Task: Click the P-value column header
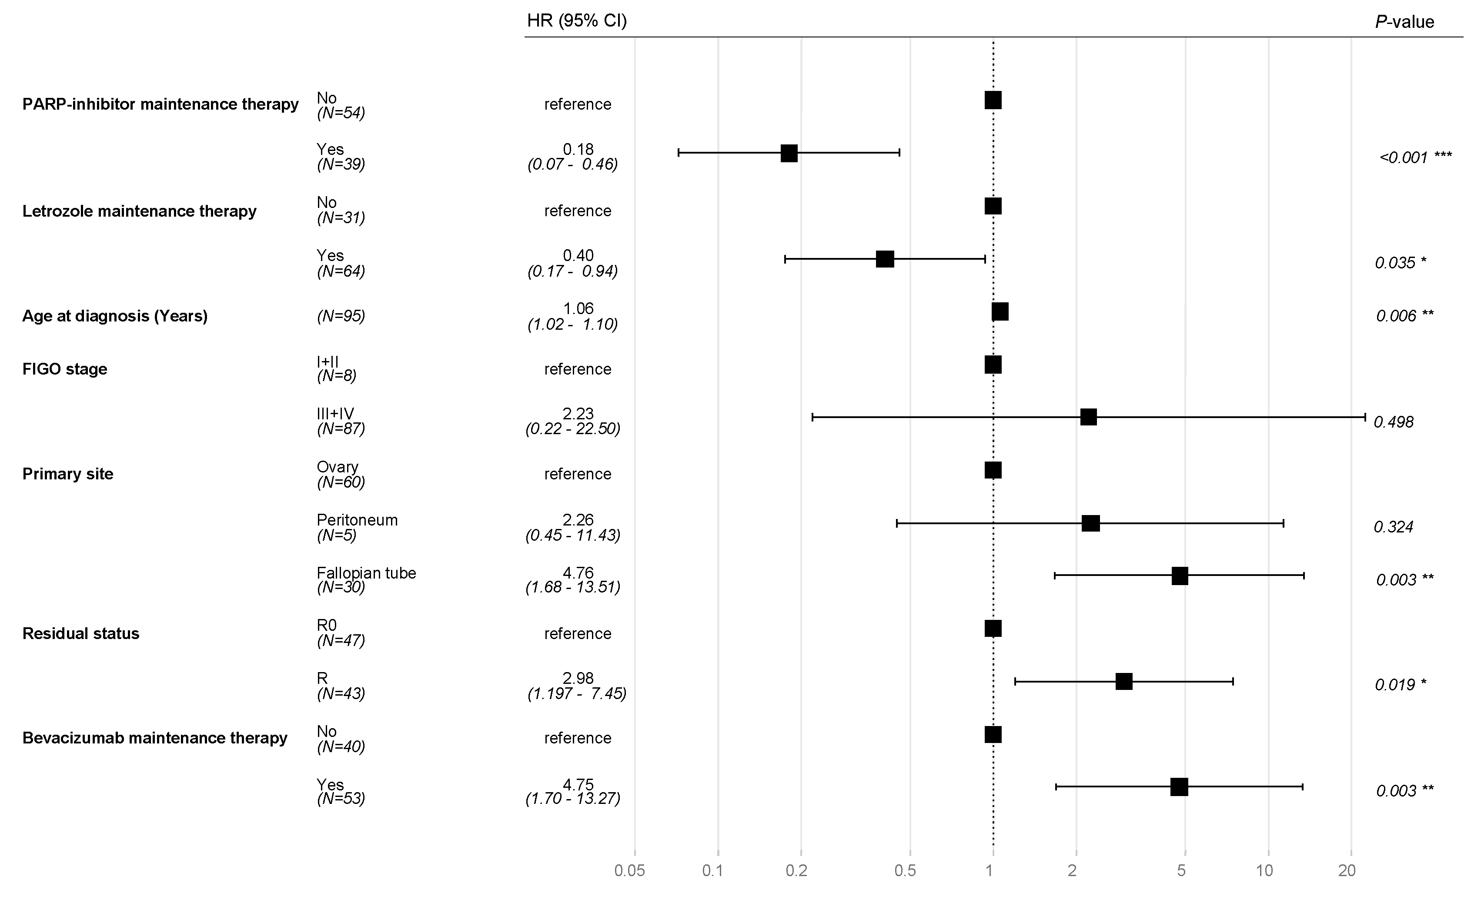[1404, 22]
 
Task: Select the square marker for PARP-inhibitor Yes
[789, 153]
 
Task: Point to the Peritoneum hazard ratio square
[1090, 523]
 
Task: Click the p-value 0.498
[1393, 422]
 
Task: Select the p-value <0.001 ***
[1415, 157]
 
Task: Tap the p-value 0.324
[1393, 527]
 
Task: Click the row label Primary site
[68, 474]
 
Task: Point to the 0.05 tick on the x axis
[629, 871]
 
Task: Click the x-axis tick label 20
[1347, 871]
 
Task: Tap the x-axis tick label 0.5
[905, 871]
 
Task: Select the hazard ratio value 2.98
[578, 678]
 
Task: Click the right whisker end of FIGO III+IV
[1365, 417]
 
